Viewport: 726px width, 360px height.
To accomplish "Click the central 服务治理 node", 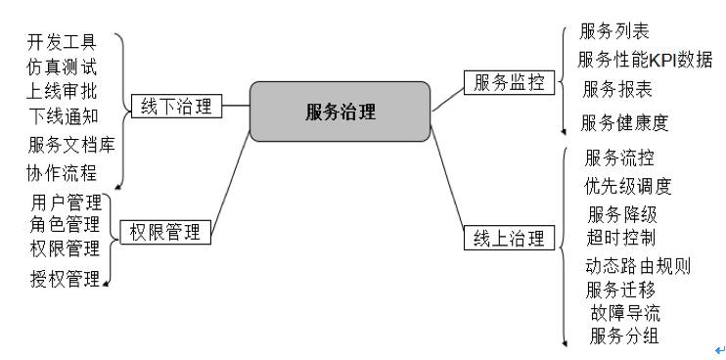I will (x=340, y=111).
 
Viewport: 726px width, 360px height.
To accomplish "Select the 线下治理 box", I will (x=176, y=105).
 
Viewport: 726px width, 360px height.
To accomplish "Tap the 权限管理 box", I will (x=164, y=232).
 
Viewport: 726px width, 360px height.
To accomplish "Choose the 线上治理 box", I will (x=508, y=238).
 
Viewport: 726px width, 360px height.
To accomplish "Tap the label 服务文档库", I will (x=71, y=146).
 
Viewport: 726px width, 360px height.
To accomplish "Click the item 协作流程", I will (x=63, y=173).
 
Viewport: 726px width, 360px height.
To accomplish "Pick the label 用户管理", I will (x=66, y=202).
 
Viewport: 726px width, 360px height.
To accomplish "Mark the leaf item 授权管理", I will (x=66, y=279).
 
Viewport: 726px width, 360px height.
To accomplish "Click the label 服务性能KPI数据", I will (x=645, y=59).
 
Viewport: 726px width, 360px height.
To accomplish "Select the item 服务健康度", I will (x=624, y=122).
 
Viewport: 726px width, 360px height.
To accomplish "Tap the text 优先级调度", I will (x=628, y=185).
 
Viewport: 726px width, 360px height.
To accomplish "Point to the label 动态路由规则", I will (x=638, y=265).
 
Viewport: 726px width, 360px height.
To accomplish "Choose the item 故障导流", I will (x=625, y=313).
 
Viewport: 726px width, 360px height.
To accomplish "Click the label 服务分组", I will (x=624, y=337).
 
